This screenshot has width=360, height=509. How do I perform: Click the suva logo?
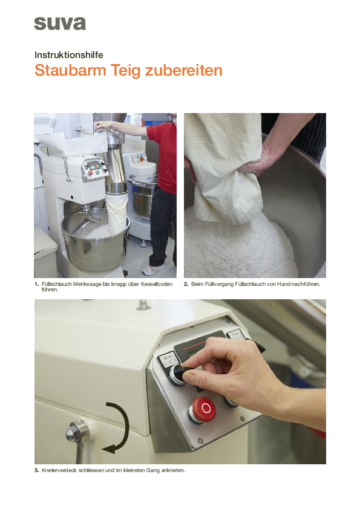coord(60,24)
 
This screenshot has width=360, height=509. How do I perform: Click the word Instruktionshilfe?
coord(68,55)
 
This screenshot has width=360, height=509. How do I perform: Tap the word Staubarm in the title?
coord(70,70)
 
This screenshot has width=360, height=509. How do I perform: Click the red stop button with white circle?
coord(203,409)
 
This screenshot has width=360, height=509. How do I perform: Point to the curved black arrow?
coord(126,427)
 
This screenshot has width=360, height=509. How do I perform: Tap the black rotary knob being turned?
coord(179,374)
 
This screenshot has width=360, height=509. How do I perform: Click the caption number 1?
coord(36,284)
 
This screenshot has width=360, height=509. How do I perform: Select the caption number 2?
coord(186,284)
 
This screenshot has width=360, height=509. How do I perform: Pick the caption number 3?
coord(36,470)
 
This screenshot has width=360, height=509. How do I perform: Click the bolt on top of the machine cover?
coord(142,305)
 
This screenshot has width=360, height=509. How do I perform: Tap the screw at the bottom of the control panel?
coord(200,441)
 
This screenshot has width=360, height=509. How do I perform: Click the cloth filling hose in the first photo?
coord(117,213)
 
